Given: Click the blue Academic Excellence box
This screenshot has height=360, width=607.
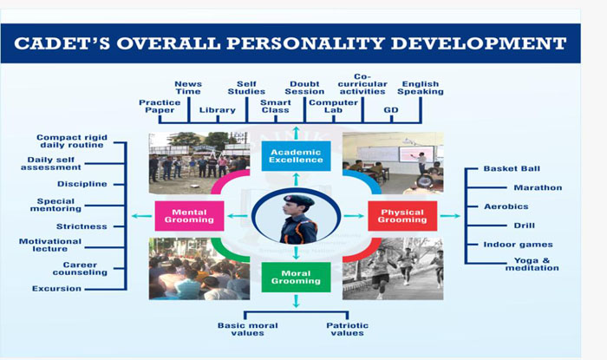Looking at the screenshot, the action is click(297, 156).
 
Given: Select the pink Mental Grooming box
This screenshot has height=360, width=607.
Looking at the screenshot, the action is click(189, 216).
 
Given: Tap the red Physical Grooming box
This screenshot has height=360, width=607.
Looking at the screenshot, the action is click(402, 216).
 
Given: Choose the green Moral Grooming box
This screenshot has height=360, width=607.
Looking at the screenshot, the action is click(297, 278).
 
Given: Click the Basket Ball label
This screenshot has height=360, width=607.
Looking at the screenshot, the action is click(512, 169).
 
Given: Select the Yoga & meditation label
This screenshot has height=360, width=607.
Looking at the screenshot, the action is click(532, 264).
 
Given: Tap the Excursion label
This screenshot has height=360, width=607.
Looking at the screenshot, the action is click(57, 289).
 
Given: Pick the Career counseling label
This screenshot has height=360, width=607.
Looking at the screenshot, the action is click(80, 269).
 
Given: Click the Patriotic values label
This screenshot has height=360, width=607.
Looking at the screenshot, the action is click(347, 329).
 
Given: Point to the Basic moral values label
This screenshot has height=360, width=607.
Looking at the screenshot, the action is click(248, 329).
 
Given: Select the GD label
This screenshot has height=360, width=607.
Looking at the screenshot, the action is click(391, 110).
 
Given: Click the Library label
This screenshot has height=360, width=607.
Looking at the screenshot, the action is click(218, 110).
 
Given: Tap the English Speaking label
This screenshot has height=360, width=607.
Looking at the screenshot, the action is click(421, 88).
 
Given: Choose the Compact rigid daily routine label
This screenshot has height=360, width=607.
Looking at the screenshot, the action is click(72, 141).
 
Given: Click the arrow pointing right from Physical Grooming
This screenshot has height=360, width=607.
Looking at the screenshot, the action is click(450, 216).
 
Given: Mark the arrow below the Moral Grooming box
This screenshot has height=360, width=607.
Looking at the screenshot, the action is click(297, 301).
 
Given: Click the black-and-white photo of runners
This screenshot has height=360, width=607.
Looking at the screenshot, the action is click(393, 269).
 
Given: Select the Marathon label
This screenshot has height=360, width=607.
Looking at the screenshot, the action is click(538, 187).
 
